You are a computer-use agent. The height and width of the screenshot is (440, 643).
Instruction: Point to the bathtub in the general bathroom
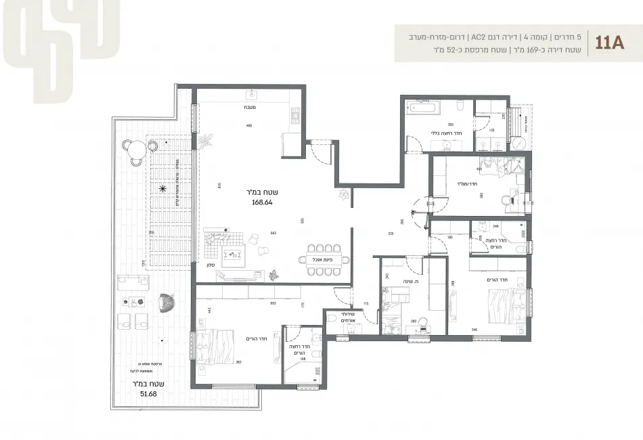point(424,108)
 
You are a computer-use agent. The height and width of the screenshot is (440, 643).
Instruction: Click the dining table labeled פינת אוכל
point(324,259)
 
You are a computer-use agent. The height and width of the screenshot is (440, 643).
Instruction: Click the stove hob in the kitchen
point(294,117)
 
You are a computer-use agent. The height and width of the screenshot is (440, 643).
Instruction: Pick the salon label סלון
point(211,265)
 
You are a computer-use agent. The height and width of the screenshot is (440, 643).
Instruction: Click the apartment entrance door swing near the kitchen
point(317,150)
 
